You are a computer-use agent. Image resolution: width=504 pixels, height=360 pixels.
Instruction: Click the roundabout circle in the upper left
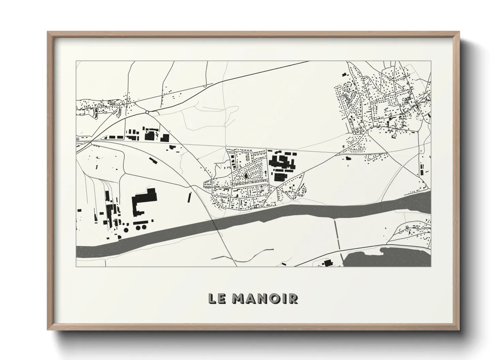(147, 112)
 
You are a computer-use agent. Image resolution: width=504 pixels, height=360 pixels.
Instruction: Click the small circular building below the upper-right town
(395, 135)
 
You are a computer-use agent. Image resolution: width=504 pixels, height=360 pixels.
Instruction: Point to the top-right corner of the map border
(431, 62)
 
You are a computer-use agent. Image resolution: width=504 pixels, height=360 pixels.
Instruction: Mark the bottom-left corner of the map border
(76, 266)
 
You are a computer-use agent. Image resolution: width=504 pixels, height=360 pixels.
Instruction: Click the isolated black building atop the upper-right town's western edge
(344, 74)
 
